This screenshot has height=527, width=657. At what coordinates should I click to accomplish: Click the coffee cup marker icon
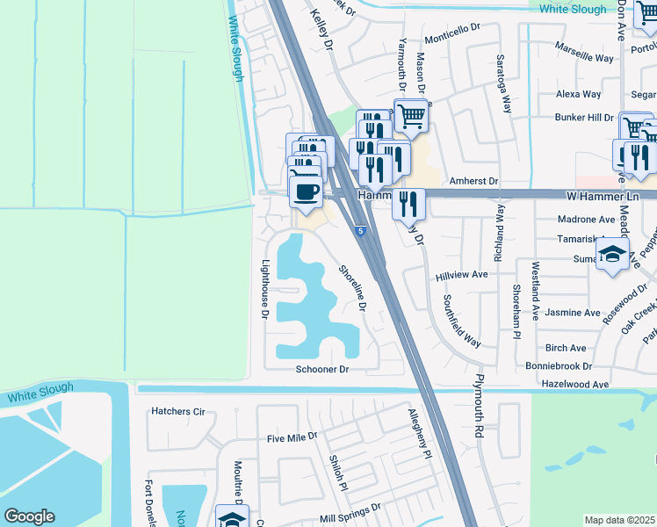306,191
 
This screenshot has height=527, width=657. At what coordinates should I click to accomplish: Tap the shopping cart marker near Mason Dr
410,115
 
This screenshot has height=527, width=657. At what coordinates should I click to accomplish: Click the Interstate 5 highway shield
360,231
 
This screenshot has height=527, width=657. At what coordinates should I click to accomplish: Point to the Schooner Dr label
322,370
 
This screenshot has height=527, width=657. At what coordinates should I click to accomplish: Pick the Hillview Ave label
461,275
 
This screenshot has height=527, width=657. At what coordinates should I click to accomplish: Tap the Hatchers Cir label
177,410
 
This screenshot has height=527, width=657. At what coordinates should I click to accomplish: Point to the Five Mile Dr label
292,437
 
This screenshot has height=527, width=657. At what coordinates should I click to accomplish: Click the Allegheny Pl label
420,434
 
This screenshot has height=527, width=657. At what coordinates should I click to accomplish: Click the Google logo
29,516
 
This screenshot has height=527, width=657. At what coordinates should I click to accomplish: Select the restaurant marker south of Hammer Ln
408,204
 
